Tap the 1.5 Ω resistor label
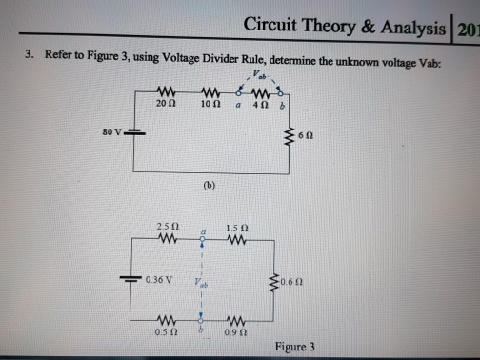click(239, 225)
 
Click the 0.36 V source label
click(160, 280)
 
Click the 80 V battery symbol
click(134, 130)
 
